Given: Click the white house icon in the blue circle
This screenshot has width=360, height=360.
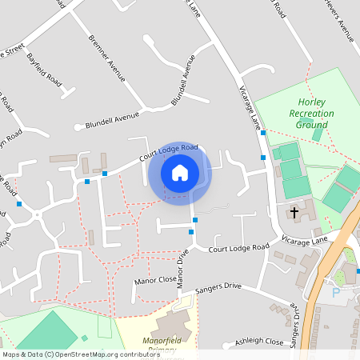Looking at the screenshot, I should click(x=180, y=172).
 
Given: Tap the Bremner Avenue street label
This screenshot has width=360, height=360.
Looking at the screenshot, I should click(x=107, y=58).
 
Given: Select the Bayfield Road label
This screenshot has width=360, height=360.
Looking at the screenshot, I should click(x=45, y=70).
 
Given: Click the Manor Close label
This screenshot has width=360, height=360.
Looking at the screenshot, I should click(x=155, y=280).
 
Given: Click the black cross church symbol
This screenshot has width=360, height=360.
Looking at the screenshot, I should click(x=294, y=213).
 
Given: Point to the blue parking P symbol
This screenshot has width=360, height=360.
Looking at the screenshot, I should click(x=335, y=293).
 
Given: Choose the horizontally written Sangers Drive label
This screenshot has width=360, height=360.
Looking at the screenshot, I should click(x=218, y=286).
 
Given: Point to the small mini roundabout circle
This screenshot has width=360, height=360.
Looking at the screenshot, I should click(x=37, y=214).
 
